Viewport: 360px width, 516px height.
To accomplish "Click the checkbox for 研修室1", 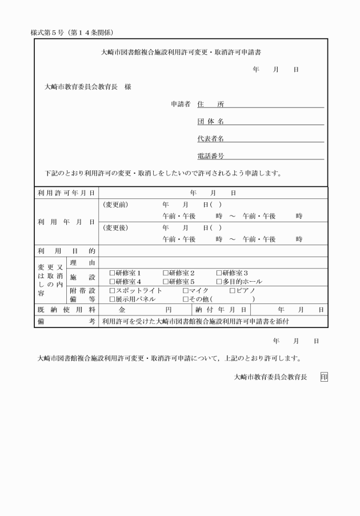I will (x=112, y=273).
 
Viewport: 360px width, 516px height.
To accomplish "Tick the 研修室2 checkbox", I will (x=166, y=273).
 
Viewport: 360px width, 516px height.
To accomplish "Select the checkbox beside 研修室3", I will (x=219, y=273).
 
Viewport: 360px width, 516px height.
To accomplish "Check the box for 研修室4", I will (x=112, y=282).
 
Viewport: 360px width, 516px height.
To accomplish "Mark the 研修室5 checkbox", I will (x=166, y=282).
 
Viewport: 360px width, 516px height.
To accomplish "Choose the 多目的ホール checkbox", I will (x=219, y=282).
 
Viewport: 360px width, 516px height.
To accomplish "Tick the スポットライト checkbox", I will (x=112, y=291).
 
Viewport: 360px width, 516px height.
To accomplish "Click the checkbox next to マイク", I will (x=185, y=291).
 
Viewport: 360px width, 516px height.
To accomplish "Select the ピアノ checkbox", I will (x=232, y=291).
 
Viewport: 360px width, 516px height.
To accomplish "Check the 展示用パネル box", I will (x=112, y=299).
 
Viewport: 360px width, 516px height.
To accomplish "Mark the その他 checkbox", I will (x=185, y=299).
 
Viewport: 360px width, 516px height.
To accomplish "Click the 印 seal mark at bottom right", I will (x=324, y=377).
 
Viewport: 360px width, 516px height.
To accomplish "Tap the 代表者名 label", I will (x=210, y=139).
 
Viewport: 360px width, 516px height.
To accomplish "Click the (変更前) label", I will (x=115, y=205).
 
